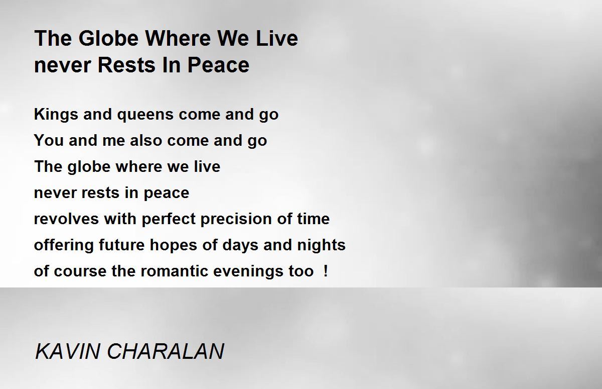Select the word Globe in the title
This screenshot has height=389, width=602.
click(108, 38)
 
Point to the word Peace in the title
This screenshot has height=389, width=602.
click(218, 65)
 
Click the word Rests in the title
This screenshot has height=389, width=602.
click(126, 65)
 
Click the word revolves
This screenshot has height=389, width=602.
click(66, 219)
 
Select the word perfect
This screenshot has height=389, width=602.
click(169, 219)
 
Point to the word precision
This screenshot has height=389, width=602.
click(236, 219)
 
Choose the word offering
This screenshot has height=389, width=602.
click(64, 245)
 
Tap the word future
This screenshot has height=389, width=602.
click(122, 245)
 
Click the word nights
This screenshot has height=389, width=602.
click(321, 245)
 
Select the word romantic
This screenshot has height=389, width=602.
click(174, 271)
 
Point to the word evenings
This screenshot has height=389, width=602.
click(248, 271)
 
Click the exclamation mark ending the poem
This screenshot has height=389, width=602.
click(326, 271)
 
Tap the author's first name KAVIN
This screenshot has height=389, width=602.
click(67, 351)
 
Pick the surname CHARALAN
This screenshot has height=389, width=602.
click(166, 351)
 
